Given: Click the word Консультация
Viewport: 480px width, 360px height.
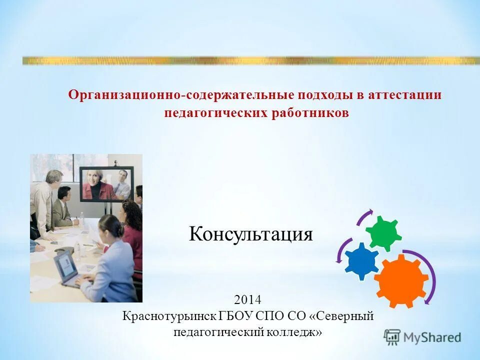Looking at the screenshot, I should click(250, 234).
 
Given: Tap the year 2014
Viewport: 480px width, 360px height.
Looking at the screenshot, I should click(247, 300).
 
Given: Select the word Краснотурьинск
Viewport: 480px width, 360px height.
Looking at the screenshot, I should click(169, 316).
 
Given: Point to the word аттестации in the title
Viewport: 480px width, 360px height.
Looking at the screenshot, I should click(405, 95).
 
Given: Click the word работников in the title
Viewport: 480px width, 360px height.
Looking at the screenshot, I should click(310, 113).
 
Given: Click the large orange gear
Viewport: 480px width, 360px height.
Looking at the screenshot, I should click(401, 280).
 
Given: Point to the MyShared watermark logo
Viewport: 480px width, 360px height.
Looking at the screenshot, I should click(422, 337).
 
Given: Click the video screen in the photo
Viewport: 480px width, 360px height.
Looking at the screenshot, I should click(106, 183).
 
